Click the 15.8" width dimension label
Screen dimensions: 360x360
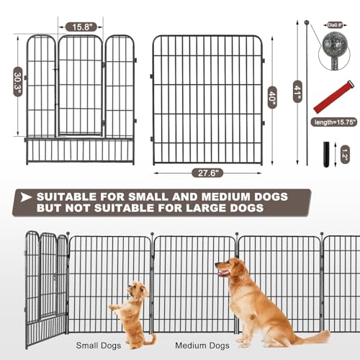coord(78,27)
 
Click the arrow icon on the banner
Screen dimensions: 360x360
coord(26,197)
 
